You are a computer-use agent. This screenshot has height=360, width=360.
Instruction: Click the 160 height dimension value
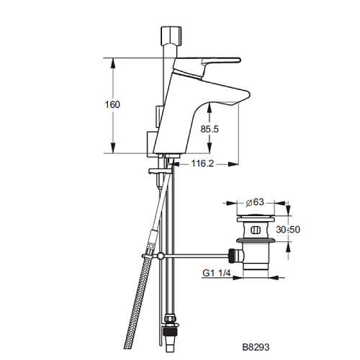tap(112, 104)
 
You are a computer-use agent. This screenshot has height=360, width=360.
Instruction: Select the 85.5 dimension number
tap(210, 130)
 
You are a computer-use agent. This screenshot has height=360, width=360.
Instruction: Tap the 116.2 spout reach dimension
tap(202, 163)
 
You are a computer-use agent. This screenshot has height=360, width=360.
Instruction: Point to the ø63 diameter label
tap(255, 202)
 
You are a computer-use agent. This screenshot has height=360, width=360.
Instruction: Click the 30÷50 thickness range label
tap(288, 230)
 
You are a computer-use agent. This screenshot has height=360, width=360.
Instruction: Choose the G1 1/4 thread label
tap(217, 273)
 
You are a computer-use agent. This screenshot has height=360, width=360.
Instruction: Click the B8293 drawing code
tap(256, 347)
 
